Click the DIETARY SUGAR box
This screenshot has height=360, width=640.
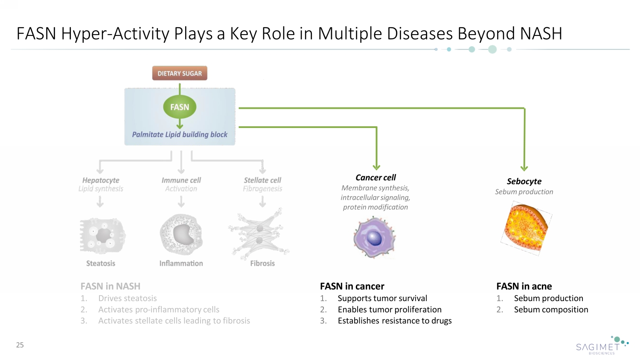[x=180, y=73]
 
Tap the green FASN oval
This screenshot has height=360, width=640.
[x=180, y=107]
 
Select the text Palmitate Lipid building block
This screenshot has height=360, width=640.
[x=180, y=134]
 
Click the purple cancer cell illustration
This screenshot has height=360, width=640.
[x=374, y=237]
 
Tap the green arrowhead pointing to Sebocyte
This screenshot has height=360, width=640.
[x=524, y=168]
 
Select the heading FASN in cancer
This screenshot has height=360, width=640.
[x=352, y=286]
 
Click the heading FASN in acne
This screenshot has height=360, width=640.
[x=524, y=286]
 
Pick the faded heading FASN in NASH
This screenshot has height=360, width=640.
[x=110, y=286]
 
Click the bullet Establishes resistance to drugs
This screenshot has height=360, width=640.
[x=394, y=321]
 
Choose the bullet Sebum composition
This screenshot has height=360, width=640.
[x=551, y=310]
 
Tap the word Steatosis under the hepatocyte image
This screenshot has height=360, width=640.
[x=101, y=263]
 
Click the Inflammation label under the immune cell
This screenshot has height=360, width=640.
[x=181, y=263]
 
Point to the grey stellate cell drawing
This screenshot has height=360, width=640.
[x=259, y=234]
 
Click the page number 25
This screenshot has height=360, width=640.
[x=20, y=345]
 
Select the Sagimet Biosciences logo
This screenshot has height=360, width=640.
[x=602, y=345]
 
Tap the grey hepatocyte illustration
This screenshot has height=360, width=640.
[x=102, y=235]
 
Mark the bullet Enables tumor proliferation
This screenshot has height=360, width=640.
[x=389, y=310]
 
